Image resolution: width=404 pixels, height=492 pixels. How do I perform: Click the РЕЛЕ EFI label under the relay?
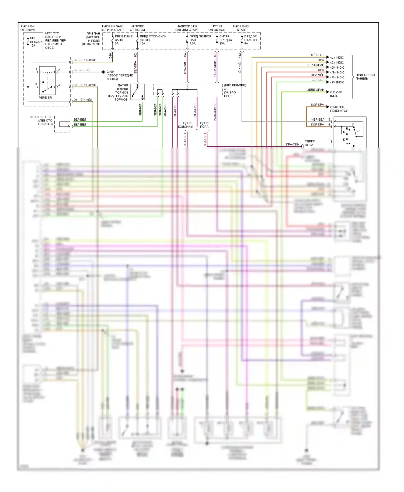click(45, 98)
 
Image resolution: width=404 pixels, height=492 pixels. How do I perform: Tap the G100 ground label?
click(110, 72)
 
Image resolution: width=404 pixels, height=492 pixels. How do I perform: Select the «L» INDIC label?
click(337, 58)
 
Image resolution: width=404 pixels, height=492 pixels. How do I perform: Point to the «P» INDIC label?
click(337, 82)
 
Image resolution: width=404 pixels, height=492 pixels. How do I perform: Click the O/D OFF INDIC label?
click(336, 94)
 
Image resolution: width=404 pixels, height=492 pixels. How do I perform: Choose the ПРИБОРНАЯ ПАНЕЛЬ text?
click(365, 77)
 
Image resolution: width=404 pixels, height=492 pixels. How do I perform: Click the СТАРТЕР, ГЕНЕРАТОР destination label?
click(339, 109)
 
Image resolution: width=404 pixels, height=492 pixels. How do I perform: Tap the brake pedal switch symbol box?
click(138, 92)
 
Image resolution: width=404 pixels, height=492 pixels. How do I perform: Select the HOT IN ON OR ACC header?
click(217, 28)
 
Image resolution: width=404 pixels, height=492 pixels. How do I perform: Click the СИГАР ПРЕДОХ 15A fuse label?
click(225, 40)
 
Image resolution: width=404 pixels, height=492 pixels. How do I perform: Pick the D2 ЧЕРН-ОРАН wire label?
click(85, 60)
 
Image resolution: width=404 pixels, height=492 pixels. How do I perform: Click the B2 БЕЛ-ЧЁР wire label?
click(82, 70)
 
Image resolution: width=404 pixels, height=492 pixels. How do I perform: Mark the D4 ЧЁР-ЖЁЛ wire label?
click(83, 100)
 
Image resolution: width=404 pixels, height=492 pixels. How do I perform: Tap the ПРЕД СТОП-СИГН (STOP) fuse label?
click(153, 40)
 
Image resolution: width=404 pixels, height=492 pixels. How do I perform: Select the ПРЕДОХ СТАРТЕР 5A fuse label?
click(251, 40)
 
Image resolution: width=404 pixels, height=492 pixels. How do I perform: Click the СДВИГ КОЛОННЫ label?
click(186, 125)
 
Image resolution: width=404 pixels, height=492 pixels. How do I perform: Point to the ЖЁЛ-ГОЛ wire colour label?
click(318, 55)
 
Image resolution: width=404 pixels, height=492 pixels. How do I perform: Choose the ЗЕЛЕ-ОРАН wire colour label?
click(315, 90)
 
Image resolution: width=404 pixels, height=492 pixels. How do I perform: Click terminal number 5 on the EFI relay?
click(36, 84)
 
